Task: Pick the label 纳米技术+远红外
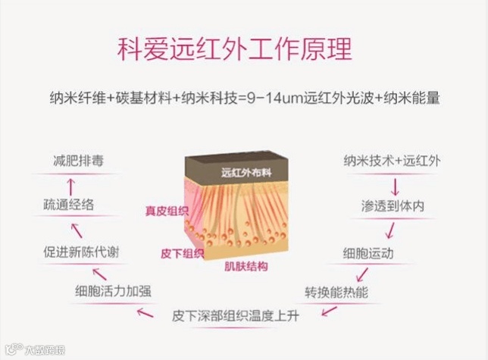(386, 161)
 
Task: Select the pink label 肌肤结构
(246, 266)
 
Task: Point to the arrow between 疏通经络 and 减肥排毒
(70, 183)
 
